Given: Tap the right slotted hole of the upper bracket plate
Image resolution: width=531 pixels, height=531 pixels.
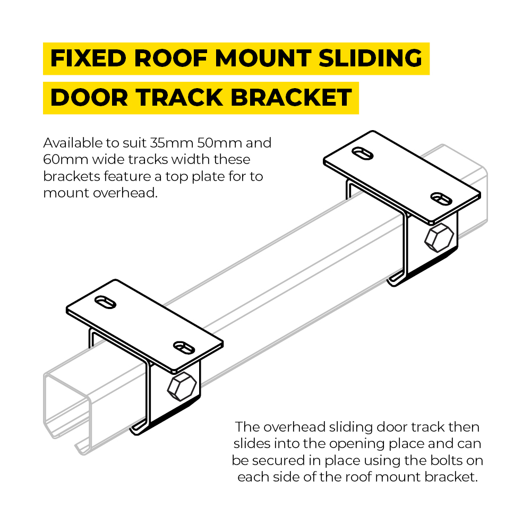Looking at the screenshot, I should coord(440,198).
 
